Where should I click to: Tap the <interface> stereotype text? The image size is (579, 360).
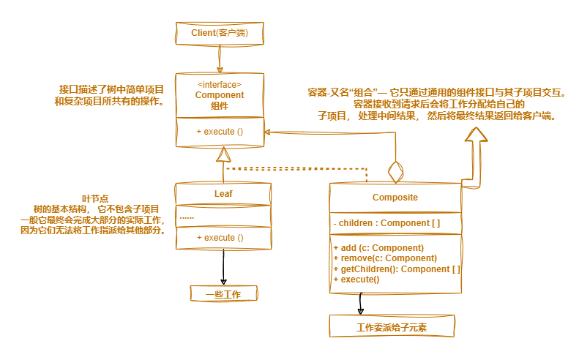[220, 85]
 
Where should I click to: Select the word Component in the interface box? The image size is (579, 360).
[220, 95]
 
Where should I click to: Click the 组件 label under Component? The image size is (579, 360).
[220, 106]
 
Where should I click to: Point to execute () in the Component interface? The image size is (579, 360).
[220, 132]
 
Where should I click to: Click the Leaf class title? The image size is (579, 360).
[223, 194]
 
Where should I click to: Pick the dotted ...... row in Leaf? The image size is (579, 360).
[187, 217]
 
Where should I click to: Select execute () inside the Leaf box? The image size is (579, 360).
[220, 238]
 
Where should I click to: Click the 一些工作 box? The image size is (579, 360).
[224, 294]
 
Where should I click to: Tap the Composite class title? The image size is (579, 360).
[395, 198]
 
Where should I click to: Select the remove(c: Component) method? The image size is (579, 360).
[384, 258]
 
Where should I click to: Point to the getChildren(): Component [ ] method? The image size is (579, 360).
[396, 269]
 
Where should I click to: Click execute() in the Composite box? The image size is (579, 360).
[356, 280]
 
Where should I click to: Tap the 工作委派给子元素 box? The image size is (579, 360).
[392, 326]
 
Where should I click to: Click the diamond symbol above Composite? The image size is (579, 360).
[396, 172]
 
